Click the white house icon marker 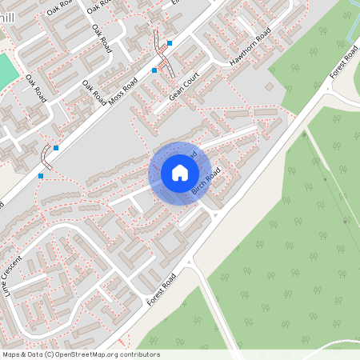coord(179,173)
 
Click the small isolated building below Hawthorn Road coord(270,86)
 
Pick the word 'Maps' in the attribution coord(11,354)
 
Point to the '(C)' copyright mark coord(50,354)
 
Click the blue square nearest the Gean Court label coord(154,70)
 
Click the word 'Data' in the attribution coord(34,354)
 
